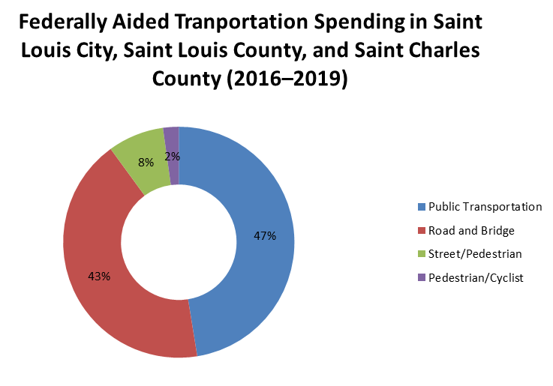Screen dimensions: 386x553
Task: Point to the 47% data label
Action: [x=265, y=235]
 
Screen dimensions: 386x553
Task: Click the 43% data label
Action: [x=99, y=276]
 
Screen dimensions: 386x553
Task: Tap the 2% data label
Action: [x=172, y=157]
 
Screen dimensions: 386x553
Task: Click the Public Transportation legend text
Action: [x=484, y=206]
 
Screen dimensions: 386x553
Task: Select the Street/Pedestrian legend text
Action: [x=474, y=254]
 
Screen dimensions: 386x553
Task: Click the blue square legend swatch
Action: [x=421, y=206]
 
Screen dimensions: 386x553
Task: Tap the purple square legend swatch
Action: [x=421, y=278]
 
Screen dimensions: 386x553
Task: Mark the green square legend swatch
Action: [x=421, y=254]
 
